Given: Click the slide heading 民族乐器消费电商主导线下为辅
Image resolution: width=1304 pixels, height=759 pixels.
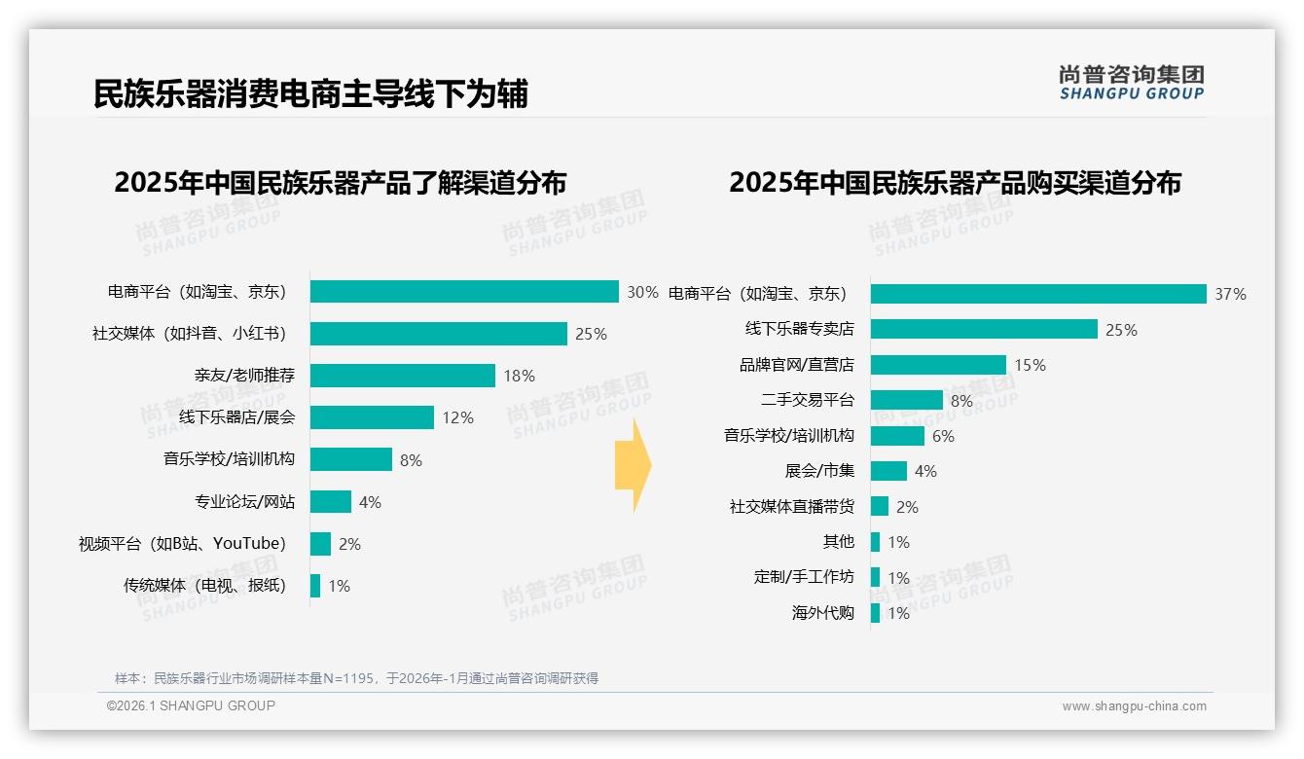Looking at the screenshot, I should [310, 93].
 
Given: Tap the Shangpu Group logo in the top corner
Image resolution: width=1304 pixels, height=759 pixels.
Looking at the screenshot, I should [1131, 83].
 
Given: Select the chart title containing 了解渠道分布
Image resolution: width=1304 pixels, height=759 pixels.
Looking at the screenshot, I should [340, 183].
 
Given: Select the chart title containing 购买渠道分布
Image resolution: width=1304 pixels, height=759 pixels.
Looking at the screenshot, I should [955, 183].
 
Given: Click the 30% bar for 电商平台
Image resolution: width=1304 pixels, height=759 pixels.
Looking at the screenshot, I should [464, 292].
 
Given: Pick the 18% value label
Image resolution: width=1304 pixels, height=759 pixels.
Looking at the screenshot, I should [519, 376].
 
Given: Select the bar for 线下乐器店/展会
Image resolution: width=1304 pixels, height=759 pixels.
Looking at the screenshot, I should [372, 417].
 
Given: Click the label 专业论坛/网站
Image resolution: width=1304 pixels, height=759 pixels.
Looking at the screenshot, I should [244, 502].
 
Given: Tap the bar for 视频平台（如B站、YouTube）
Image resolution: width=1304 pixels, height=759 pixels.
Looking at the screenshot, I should [320, 544].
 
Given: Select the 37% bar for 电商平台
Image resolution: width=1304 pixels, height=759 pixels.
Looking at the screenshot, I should [1038, 294].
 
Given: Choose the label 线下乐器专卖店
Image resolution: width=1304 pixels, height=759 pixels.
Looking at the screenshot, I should [799, 329].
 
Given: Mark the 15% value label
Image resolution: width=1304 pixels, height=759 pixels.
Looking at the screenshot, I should [1030, 365].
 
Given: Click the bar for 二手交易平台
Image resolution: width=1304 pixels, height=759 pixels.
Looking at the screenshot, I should [906, 400].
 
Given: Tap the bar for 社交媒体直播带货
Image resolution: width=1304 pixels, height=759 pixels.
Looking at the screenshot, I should [880, 507].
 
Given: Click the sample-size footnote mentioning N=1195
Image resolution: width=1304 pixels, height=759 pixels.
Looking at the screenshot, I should [356, 678].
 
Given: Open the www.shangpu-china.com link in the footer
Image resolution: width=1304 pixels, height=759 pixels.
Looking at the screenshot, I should [1134, 706].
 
